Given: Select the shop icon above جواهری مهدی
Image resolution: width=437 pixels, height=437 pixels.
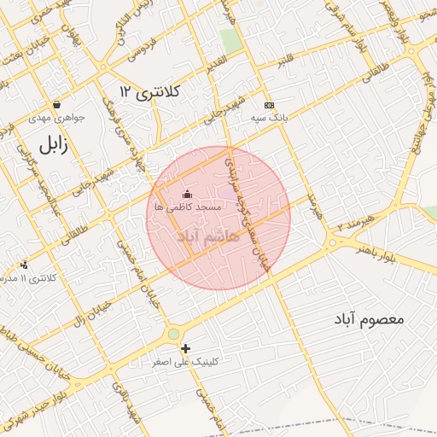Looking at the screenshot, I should coord(56,105).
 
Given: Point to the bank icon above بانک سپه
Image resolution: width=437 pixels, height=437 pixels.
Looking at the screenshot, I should coord(270,103).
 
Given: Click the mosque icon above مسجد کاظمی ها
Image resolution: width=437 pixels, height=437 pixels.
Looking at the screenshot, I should coord(188,195).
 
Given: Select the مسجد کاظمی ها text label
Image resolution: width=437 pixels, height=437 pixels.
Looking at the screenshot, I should coord(188,207).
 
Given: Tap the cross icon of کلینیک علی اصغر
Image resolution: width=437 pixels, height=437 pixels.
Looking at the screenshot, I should coord(185,348).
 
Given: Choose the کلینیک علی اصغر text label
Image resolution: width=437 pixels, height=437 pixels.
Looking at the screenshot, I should coord(186,362).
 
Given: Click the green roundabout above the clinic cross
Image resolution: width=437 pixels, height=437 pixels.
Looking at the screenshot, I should coord(174,334).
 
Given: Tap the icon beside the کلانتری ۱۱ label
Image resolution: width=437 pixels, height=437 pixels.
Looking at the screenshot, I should coord(23,265).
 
